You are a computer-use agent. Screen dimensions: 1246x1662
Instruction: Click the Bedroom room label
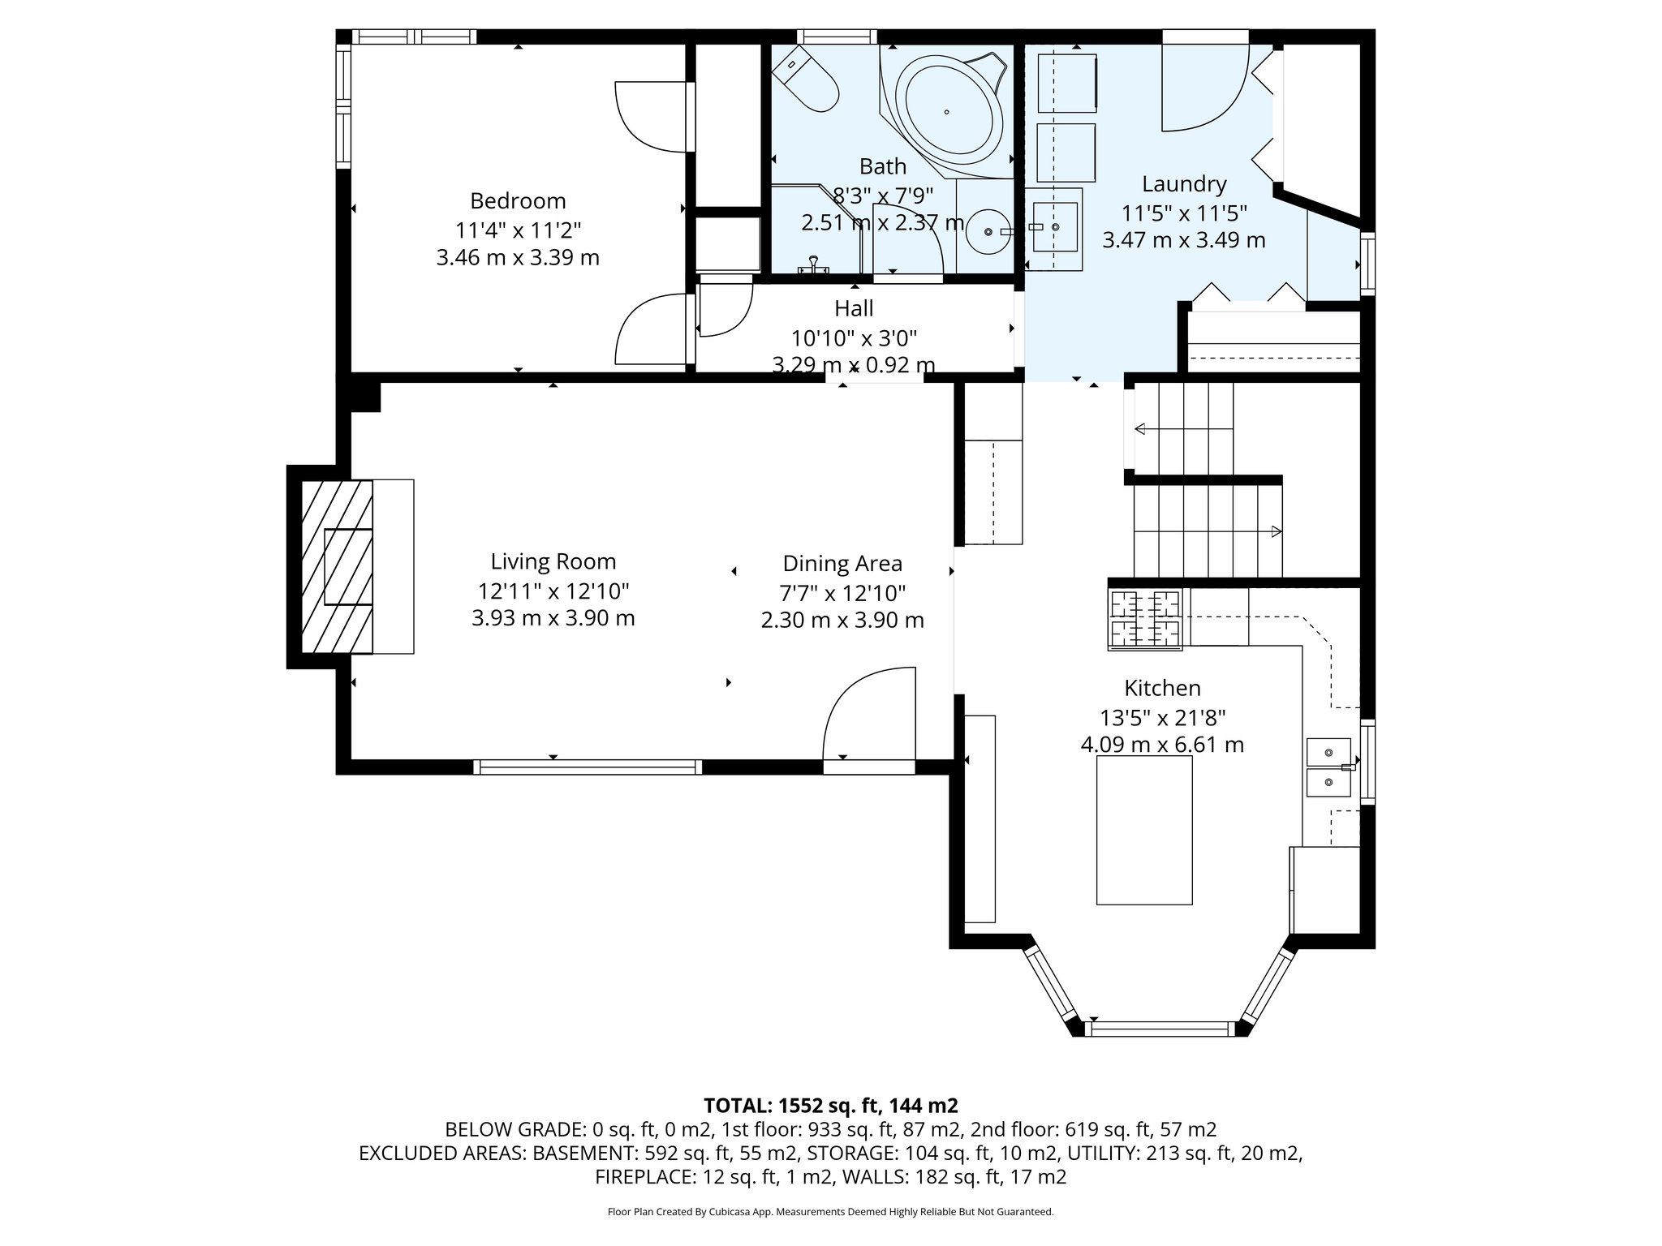tap(518, 200)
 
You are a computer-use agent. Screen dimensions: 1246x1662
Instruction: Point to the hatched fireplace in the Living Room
tap(337, 565)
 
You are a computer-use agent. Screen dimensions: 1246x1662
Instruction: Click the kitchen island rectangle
tap(1144, 829)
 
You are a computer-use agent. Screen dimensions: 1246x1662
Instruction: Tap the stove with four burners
tap(1145, 620)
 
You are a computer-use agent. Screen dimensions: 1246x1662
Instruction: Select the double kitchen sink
tap(1328, 767)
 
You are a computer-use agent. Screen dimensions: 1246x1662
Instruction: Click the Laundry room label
tap(1184, 184)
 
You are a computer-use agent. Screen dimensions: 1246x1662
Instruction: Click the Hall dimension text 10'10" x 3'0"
tap(854, 337)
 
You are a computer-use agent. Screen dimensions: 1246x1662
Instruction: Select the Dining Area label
tap(842, 563)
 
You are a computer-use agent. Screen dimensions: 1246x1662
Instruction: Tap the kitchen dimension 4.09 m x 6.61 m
tap(1162, 745)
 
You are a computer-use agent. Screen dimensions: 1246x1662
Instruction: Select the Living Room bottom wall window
tap(588, 767)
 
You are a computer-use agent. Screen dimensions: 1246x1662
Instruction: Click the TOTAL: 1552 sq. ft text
tap(830, 1105)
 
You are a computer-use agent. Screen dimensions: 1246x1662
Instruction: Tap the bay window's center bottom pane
tap(1160, 1029)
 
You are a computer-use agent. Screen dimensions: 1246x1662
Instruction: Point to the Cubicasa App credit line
tap(830, 1212)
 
